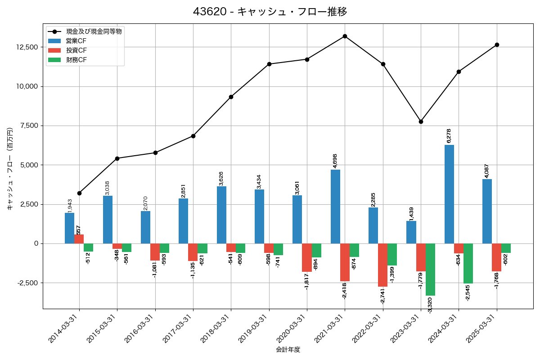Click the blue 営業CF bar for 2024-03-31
(449, 194)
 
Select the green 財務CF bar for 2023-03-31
(430, 270)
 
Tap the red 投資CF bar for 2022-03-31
(382, 265)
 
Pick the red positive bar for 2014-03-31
(79, 239)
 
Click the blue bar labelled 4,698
(335, 207)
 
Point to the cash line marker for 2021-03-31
(345, 36)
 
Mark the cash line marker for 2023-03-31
(421, 121)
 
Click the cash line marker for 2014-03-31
(79, 193)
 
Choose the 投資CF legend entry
(76, 50)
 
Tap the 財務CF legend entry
(76, 60)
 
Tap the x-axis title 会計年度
(288, 349)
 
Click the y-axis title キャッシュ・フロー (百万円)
(10, 169)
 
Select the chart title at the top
(270, 12)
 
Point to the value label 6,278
(449, 136)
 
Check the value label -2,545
(468, 292)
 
